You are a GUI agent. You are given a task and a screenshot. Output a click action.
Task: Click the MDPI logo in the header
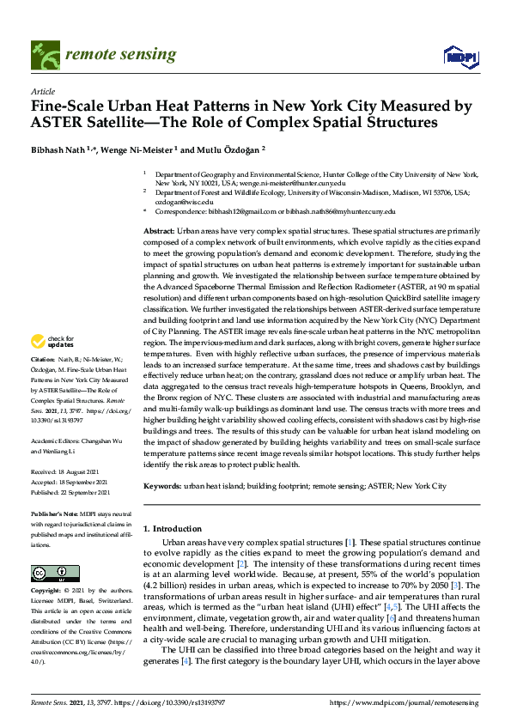coord(461,56)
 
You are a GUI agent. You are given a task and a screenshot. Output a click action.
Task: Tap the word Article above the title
coord(42,91)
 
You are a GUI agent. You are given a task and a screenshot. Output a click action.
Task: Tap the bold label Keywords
coord(161,486)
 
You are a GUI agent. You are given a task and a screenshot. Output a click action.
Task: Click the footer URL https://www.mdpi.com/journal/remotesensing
coord(406,702)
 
